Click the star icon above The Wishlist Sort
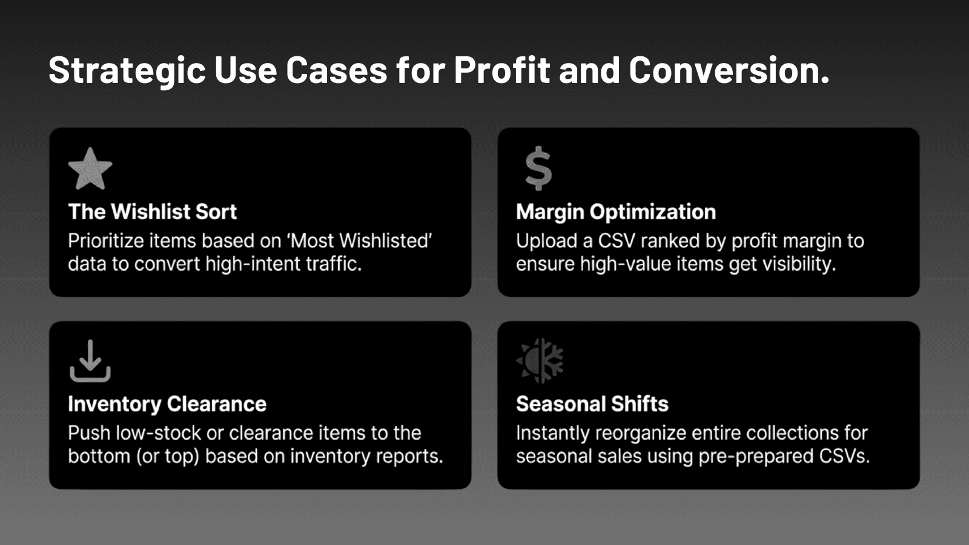point(90,169)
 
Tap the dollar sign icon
point(538,168)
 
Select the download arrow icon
point(90,361)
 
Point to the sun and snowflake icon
point(540,361)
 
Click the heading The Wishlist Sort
point(152,211)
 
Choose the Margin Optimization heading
point(615,212)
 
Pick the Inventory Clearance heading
point(167,404)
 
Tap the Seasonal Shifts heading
point(592,403)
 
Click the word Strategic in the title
point(127,70)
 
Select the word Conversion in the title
point(729,70)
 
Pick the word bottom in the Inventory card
point(99,456)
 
